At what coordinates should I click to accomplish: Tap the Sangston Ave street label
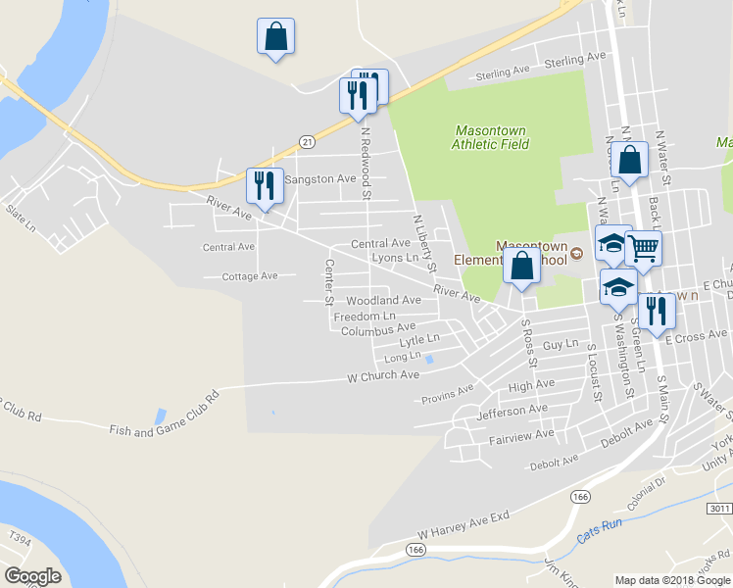coord(319,180)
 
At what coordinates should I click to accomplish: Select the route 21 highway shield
coord(307,142)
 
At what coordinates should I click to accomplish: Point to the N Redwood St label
coord(366,162)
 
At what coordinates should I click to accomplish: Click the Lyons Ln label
coord(395,258)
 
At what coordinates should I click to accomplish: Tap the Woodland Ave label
coord(382,300)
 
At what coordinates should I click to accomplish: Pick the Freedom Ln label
coord(365,317)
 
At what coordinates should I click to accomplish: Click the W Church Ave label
coord(383,375)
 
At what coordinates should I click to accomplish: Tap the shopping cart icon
coord(644,248)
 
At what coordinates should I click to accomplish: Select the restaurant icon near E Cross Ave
coord(657,312)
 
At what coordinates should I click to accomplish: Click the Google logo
coord(32,576)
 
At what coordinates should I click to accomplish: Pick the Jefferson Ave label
coord(512,410)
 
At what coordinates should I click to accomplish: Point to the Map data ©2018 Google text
coord(671,579)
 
